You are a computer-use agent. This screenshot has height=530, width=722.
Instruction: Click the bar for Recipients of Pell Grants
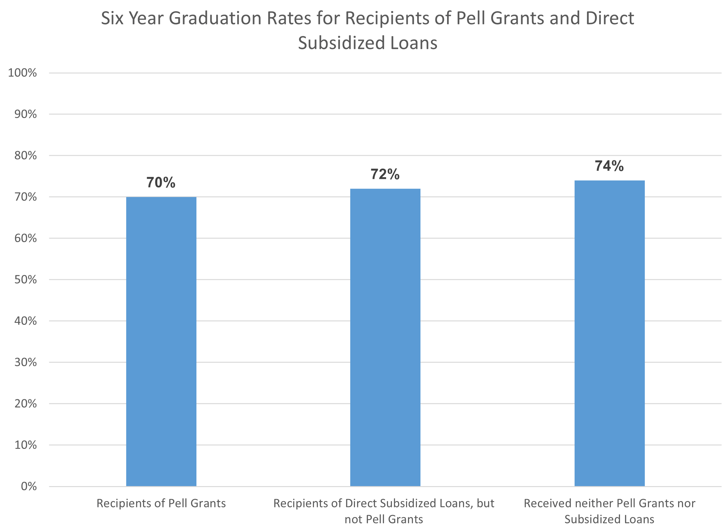point(161,341)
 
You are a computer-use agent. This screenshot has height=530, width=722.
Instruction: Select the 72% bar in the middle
point(385,337)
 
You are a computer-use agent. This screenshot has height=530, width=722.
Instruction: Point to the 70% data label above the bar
point(161,183)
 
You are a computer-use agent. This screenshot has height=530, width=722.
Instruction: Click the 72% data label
point(385,174)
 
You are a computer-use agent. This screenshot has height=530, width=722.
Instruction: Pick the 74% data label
point(609,166)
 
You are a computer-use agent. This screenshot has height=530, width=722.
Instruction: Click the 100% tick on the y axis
point(23,73)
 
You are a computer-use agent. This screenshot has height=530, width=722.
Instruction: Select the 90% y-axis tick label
point(25,114)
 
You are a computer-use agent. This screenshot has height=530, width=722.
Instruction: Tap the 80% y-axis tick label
point(25,156)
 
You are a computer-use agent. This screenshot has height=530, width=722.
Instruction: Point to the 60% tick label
point(25,238)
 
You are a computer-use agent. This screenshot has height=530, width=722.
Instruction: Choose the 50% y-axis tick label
point(25,279)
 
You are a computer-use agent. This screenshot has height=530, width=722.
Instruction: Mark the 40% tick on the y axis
point(25,321)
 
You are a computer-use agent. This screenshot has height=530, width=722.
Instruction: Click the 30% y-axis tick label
point(25,362)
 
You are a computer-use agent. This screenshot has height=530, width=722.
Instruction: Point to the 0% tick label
point(29,486)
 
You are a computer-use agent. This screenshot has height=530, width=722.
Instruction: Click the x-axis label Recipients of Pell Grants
point(161,503)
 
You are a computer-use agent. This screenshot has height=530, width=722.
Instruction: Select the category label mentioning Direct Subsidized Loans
point(384,511)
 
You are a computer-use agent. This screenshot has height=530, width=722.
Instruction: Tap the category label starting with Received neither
point(609,511)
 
